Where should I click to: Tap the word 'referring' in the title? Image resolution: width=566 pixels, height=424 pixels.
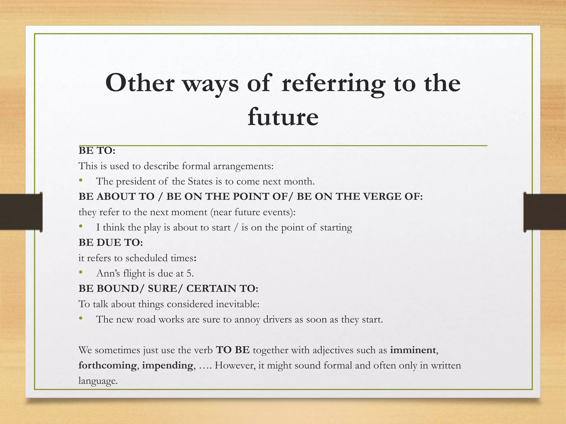tap(333, 83)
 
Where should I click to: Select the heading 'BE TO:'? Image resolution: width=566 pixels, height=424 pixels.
tap(97, 151)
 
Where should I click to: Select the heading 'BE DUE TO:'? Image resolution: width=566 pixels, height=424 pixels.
tap(111, 243)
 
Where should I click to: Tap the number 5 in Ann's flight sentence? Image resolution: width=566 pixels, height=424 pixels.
tap(189, 273)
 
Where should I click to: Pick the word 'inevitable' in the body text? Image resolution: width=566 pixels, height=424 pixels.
tap(237, 304)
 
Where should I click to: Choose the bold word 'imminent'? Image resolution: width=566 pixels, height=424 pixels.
tap(413, 350)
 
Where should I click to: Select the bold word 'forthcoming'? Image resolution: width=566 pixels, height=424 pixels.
tap(108, 365)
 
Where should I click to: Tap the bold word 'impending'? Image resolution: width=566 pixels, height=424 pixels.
tap(167, 365)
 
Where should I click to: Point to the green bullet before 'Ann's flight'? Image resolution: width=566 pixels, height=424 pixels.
tap(81, 273)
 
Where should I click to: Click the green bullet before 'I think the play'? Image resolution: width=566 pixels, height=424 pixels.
tap(81, 227)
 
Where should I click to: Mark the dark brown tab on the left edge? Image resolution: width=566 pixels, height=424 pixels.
tap(21, 212)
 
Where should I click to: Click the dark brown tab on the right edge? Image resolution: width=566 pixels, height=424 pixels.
tap(545, 212)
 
